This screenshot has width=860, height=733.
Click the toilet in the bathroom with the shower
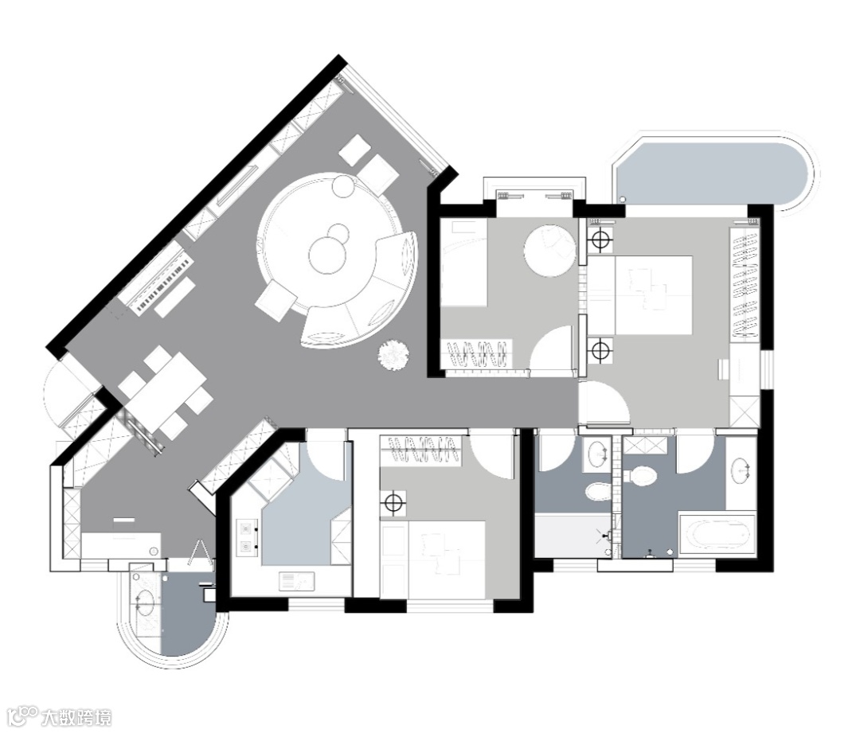click(x=597, y=491)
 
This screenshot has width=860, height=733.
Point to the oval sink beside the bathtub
click(x=741, y=470)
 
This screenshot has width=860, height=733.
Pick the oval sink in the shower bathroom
click(x=596, y=454)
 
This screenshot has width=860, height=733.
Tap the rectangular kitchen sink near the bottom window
click(x=296, y=580)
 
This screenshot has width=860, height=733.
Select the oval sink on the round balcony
click(x=143, y=602)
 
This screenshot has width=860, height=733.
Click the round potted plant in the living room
click(x=393, y=355)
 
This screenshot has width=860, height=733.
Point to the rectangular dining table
click(x=165, y=392)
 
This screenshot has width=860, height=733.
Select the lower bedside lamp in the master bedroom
click(x=600, y=348)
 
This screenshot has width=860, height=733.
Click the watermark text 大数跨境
click(x=76, y=717)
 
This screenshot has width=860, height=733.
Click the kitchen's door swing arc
click(x=325, y=454)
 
